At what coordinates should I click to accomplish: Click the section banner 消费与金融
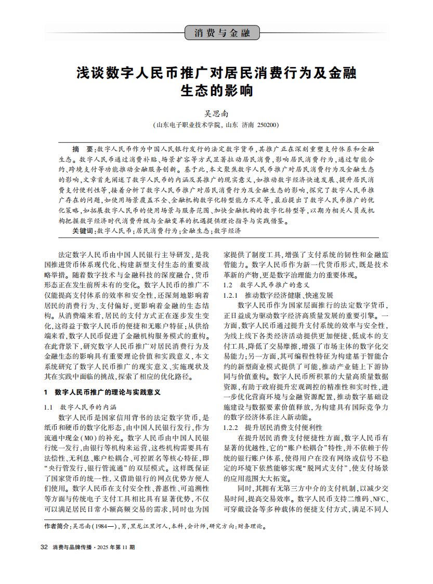(x=222, y=33)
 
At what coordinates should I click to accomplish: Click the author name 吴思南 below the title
(x=216, y=113)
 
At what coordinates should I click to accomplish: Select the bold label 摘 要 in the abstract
(x=83, y=148)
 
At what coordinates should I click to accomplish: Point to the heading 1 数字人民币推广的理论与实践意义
(x=101, y=391)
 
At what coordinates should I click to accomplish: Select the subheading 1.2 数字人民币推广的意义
(x=266, y=285)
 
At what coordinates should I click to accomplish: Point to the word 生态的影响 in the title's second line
(x=216, y=90)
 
